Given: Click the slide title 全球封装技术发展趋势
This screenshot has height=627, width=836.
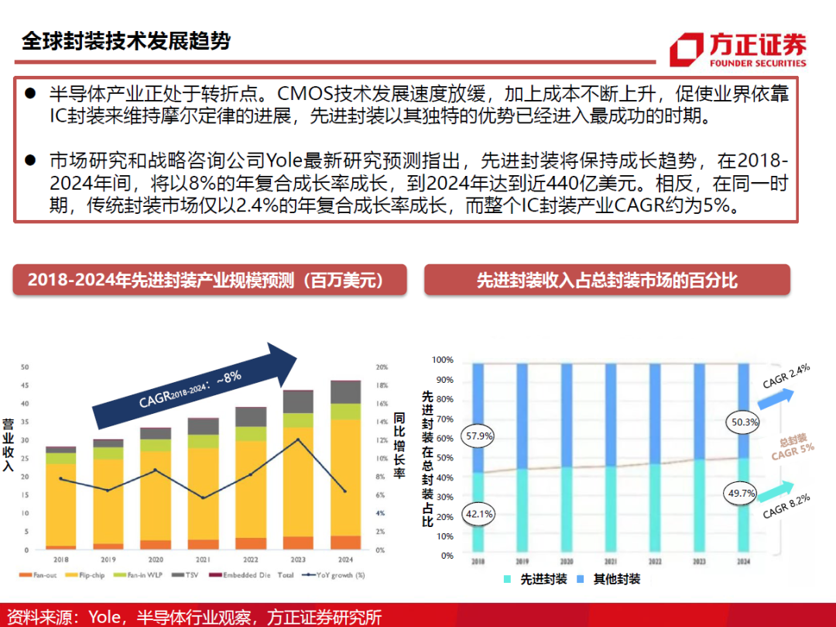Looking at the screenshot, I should click(x=126, y=41).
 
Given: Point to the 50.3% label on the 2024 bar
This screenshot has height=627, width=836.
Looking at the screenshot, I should click(x=743, y=422).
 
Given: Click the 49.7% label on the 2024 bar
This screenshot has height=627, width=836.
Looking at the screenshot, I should click(x=743, y=493).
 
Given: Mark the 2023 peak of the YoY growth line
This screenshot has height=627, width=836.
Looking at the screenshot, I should click(x=298, y=439).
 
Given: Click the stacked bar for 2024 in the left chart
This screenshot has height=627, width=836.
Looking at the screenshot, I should click(x=345, y=465).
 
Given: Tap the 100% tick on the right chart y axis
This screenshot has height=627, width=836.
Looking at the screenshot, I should click(x=443, y=360).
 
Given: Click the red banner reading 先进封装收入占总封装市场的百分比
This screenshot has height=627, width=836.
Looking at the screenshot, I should click(x=607, y=280).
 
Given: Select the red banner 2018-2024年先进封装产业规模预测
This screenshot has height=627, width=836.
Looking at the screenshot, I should click(x=210, y=280).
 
